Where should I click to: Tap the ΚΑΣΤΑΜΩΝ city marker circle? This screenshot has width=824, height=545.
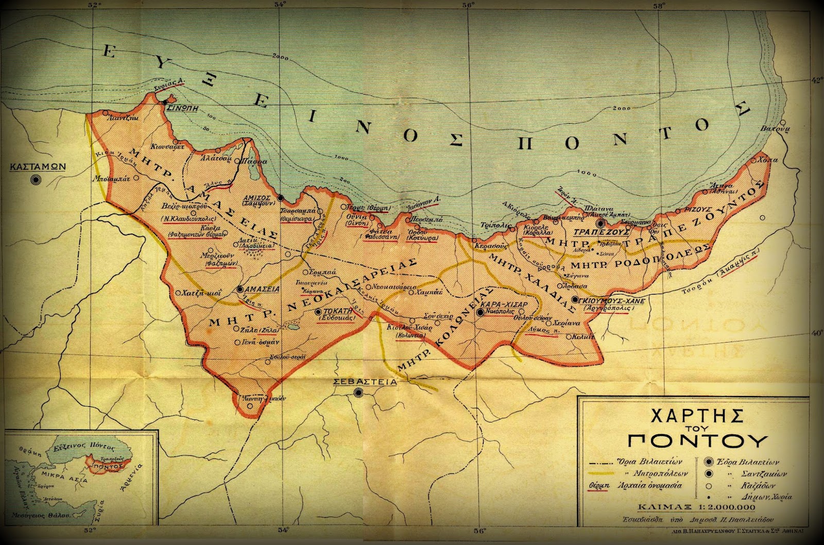click(36, 180)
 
